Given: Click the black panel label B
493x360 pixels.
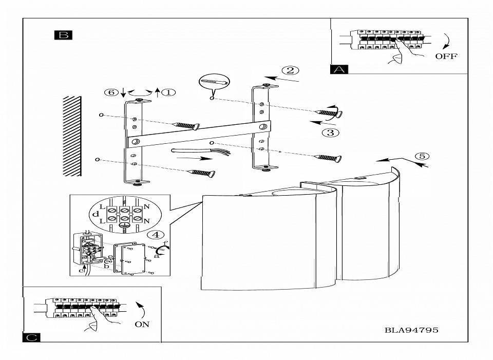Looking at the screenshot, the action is (x=63, y=35).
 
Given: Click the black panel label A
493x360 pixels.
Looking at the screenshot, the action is (x=339, y=69).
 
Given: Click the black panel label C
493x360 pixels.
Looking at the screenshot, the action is (x=31, y=337).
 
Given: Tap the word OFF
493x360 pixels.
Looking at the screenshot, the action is (x=446, y=56).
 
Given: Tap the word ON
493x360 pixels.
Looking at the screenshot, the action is (x=142, y=324).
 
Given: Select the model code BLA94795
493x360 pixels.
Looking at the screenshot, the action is (x=411, y=330).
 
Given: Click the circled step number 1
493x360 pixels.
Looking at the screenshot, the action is (x=168, y=92).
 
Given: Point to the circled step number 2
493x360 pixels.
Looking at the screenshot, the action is (x=290, y=70).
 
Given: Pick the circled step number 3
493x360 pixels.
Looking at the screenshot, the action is (x=330, y=132).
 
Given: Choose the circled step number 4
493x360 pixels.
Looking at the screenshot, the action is (x=155, y=235).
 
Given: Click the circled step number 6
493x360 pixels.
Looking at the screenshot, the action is (x=111, y=92).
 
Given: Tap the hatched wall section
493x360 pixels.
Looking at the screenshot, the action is (x=72, y=136).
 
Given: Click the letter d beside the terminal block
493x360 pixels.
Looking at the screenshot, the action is (x=96, y=215).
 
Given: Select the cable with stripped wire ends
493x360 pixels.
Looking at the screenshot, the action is (x=201, y=151).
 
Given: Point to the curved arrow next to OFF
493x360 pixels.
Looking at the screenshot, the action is (x=447, y=41).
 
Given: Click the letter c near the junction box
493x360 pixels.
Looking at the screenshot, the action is (x=81, y=271).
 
